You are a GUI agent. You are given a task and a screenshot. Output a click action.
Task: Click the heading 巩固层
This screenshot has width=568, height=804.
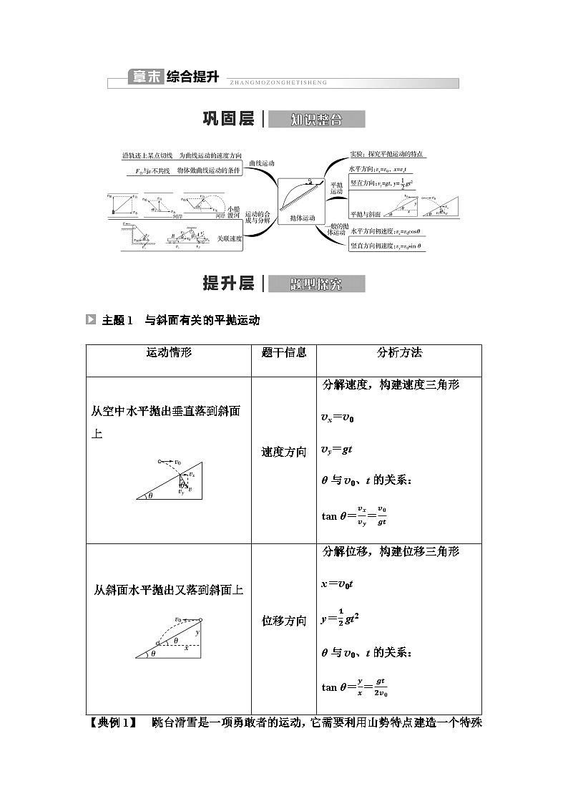(228, 120)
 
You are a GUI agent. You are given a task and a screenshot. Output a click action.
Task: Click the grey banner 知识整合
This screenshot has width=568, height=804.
(316, 120)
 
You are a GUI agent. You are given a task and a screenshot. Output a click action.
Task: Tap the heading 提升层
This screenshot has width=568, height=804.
(228, 284)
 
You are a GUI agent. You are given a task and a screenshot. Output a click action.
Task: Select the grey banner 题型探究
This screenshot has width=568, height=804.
(316, 284)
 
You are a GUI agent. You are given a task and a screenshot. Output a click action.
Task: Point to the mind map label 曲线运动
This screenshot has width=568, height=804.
(262, 164)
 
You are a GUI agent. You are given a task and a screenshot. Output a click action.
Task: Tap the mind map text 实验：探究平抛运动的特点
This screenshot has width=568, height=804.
(387, 154)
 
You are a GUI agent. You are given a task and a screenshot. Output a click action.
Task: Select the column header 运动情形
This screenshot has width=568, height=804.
(169, 352)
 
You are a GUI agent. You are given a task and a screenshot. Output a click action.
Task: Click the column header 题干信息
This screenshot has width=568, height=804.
(284, 352)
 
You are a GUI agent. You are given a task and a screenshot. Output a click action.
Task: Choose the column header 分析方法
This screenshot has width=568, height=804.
(399, 352)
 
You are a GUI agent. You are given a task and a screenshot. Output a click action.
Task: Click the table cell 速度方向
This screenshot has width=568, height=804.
(284, 452)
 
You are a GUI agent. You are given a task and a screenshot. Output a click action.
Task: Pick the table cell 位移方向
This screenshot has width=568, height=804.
(284, 621)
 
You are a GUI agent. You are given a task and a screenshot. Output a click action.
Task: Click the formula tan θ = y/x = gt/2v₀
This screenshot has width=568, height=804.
(355, 687)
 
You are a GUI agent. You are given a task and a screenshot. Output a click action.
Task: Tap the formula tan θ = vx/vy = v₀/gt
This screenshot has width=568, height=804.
(355, 515)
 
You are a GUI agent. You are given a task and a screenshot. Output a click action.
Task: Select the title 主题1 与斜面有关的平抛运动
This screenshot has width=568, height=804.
(181, 320)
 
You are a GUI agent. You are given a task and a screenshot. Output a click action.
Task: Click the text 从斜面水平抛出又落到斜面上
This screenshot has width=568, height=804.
(169, 591)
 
